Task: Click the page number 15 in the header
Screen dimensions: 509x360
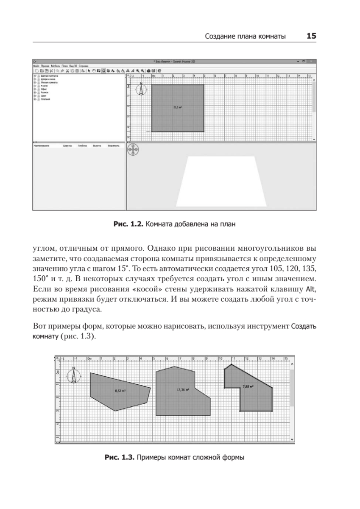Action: click(311, 36)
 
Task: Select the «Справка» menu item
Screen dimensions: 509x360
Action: click(84, 66)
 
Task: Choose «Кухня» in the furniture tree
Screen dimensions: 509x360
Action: click(44, 85)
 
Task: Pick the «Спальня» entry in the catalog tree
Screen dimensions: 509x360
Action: click(45, 98)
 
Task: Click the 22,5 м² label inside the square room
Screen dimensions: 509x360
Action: click(178, 107)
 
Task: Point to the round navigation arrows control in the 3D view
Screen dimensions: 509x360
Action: click(134, 151)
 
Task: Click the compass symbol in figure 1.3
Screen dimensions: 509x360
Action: click(74, 375)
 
